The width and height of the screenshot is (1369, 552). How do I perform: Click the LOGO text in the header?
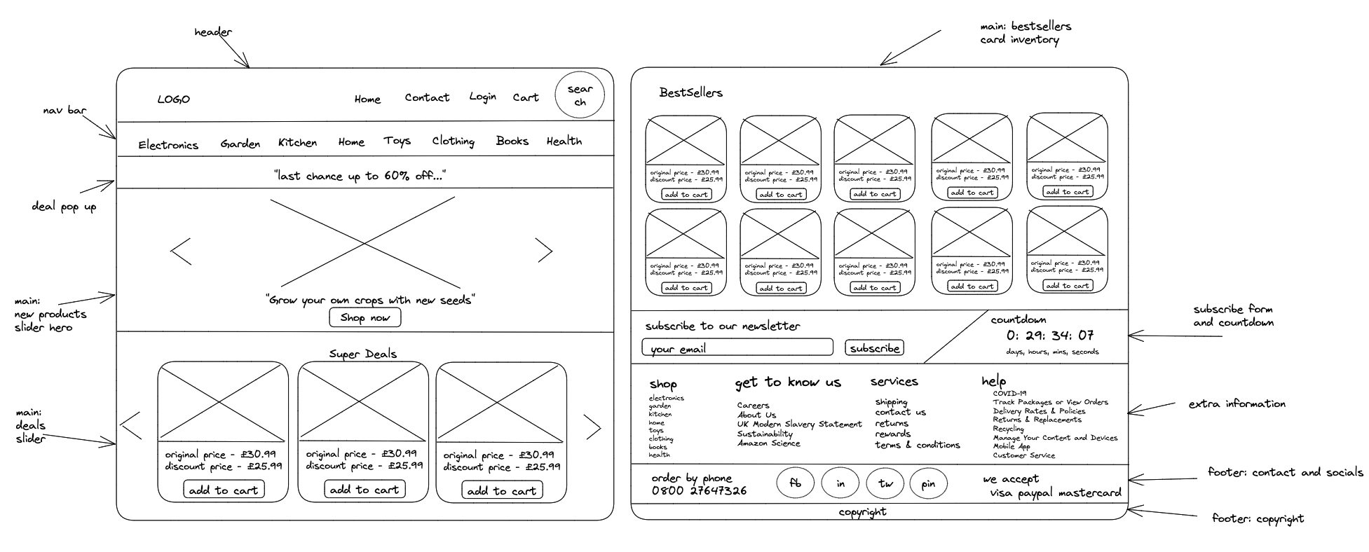tap(173, 99)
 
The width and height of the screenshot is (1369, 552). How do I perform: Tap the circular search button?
tap(580, 95)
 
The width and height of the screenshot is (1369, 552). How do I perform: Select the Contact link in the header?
tap(427, 97)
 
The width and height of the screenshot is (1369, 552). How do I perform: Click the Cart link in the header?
tap(525, 97)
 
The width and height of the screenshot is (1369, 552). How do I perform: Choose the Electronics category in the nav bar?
tap(168, 145)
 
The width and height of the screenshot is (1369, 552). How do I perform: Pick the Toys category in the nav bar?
tap(397, 141)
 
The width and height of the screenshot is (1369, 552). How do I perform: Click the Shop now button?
tap(365, 317)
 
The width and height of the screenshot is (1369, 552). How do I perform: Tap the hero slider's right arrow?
tap(545, 250)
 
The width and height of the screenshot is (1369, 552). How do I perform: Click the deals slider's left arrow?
tap(132, 426)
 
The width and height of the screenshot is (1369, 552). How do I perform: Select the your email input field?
tap(737, 347)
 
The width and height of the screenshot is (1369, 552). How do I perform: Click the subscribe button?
tap(874, 348)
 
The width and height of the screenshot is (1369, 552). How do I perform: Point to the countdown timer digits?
tap(1050, 336)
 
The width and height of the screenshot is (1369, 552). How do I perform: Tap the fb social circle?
tap(795, 483)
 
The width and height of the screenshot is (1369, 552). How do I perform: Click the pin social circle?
tap(928, 483)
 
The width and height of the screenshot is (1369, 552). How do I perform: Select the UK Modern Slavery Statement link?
tap(799, 425)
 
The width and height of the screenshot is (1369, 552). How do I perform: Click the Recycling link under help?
tap(1008, 429)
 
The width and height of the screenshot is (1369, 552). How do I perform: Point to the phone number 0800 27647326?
tap(699, 491)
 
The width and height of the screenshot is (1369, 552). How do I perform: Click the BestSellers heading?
tap(690, 92)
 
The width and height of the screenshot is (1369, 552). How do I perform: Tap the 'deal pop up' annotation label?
tap(64, 207)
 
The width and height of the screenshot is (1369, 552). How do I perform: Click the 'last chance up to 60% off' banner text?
tap(360, 176)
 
